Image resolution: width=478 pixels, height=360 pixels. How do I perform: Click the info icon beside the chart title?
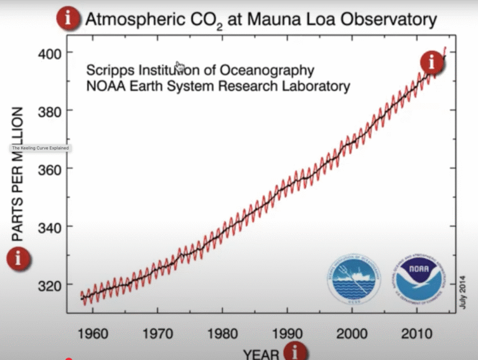pyautogui.click(x=69, y=19)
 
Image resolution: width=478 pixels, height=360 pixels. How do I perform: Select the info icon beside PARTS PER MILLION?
pyautogui.click(x=19, y=257)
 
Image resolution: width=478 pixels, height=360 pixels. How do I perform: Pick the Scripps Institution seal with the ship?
pyautogui.click(x=354, y=279)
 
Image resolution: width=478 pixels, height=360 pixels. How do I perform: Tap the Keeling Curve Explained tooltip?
pyautogui.click(x=40, y=148)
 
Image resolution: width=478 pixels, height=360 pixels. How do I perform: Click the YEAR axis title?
pyautogui.click(x=261, y=354)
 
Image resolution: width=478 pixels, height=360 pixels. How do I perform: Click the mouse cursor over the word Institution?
pyautogui.click(x=179, y=66)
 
